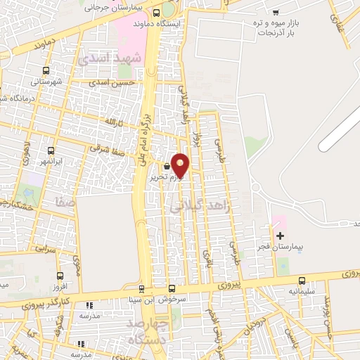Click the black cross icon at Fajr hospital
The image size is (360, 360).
coord(281,236)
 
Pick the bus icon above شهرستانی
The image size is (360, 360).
coord(46,71)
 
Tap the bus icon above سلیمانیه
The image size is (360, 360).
coord(302,280)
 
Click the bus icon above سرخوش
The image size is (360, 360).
coord(172,288)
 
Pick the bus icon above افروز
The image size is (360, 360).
coord(60,276)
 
